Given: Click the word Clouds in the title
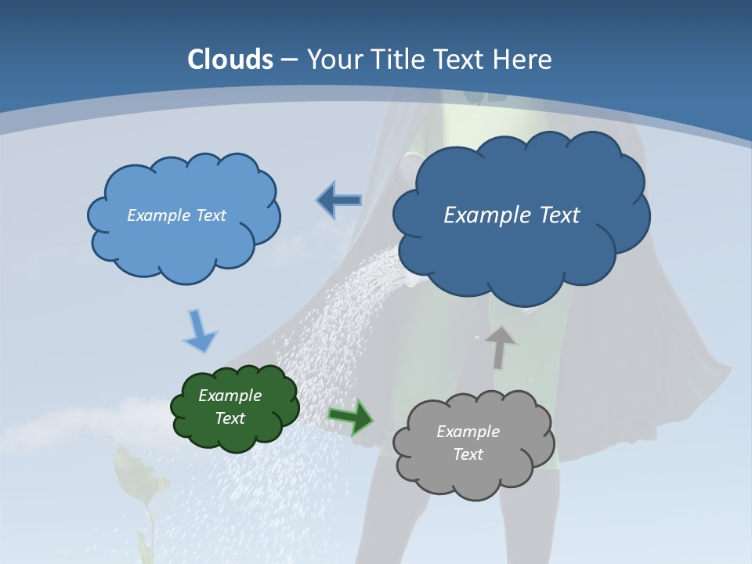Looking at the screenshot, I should (x=230, y=60).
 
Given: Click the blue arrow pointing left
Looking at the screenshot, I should (x=339, y=201).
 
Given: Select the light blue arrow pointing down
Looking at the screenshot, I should (x=200, y=331).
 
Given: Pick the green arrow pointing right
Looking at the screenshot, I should (x=350, y=416).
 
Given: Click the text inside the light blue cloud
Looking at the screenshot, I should (x=176, y=215).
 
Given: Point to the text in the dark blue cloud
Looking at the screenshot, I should (x=512, y=215).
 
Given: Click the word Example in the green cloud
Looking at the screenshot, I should (x=230, y=396).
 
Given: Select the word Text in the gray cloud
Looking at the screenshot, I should (x=468, y=454).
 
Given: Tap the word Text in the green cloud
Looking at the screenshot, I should (x=230, y=418).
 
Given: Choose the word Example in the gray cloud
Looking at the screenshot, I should (x=468, y=432).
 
